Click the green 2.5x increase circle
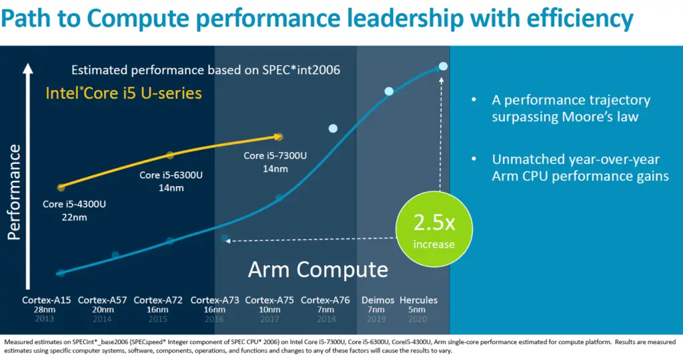pos(434,229)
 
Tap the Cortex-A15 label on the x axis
pos(47,301)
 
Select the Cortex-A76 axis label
pos(325,301)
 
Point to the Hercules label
pos(418,300)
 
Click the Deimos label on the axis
pos(378,300)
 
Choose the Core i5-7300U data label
pos(275,156)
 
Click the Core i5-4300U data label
pos(74,204)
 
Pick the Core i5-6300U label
pos(171,175)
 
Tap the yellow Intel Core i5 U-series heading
pos(123,93)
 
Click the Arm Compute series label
pos(317,269)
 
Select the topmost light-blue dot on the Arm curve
pos(443,66)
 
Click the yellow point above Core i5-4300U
pos(61,187)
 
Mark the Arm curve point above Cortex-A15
pos(61,273)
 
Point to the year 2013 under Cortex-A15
pos(47,319)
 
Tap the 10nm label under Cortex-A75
pos(270,310)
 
